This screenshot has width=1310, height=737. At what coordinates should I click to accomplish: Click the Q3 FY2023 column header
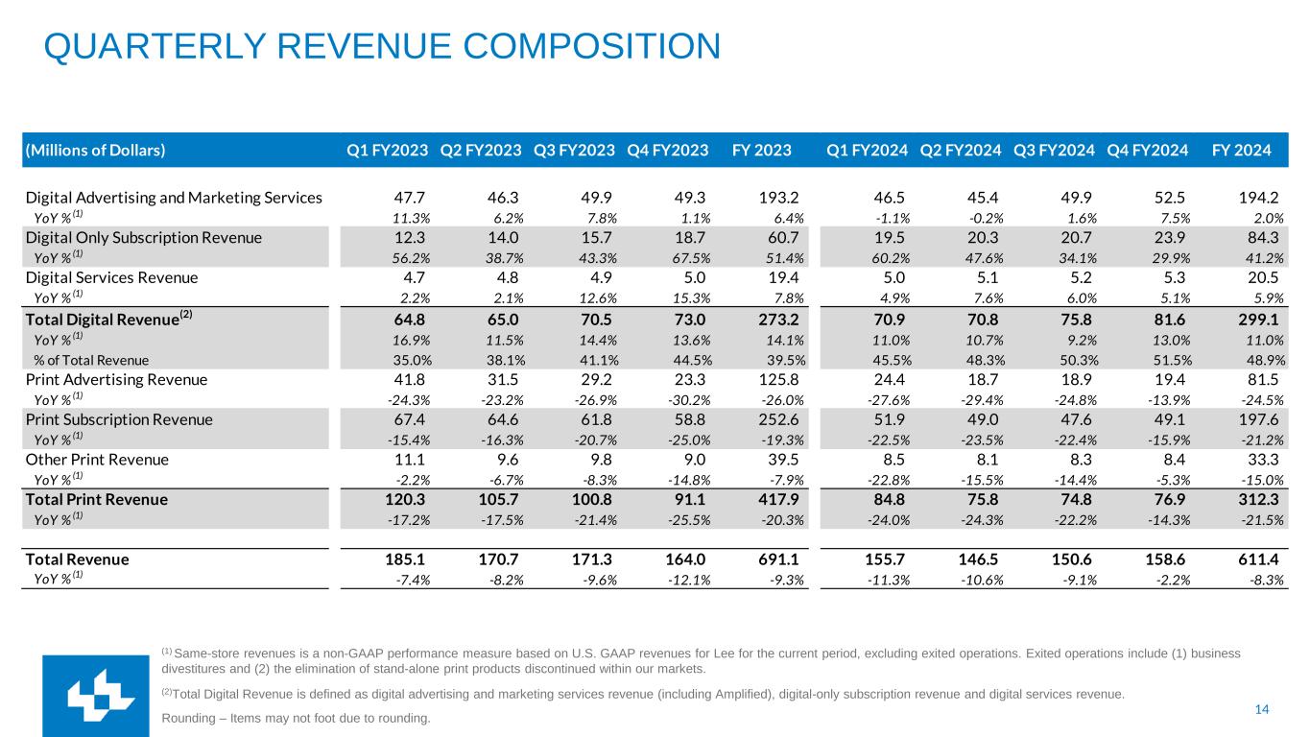[574, 150]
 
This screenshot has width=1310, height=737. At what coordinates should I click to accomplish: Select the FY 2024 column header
[1241, 150]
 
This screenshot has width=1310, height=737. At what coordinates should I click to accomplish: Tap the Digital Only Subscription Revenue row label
[143, 238]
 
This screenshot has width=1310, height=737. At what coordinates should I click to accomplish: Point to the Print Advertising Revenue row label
[116, 379]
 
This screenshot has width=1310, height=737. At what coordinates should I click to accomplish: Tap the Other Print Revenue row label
[97, 460]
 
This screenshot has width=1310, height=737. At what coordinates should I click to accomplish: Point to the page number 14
[1262, 709]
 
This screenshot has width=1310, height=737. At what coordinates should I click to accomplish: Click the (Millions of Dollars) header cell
[95, 150]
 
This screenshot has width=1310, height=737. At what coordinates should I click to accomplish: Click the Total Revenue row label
[77, 559]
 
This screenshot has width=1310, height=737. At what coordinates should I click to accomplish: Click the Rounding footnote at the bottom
[298, 718]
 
